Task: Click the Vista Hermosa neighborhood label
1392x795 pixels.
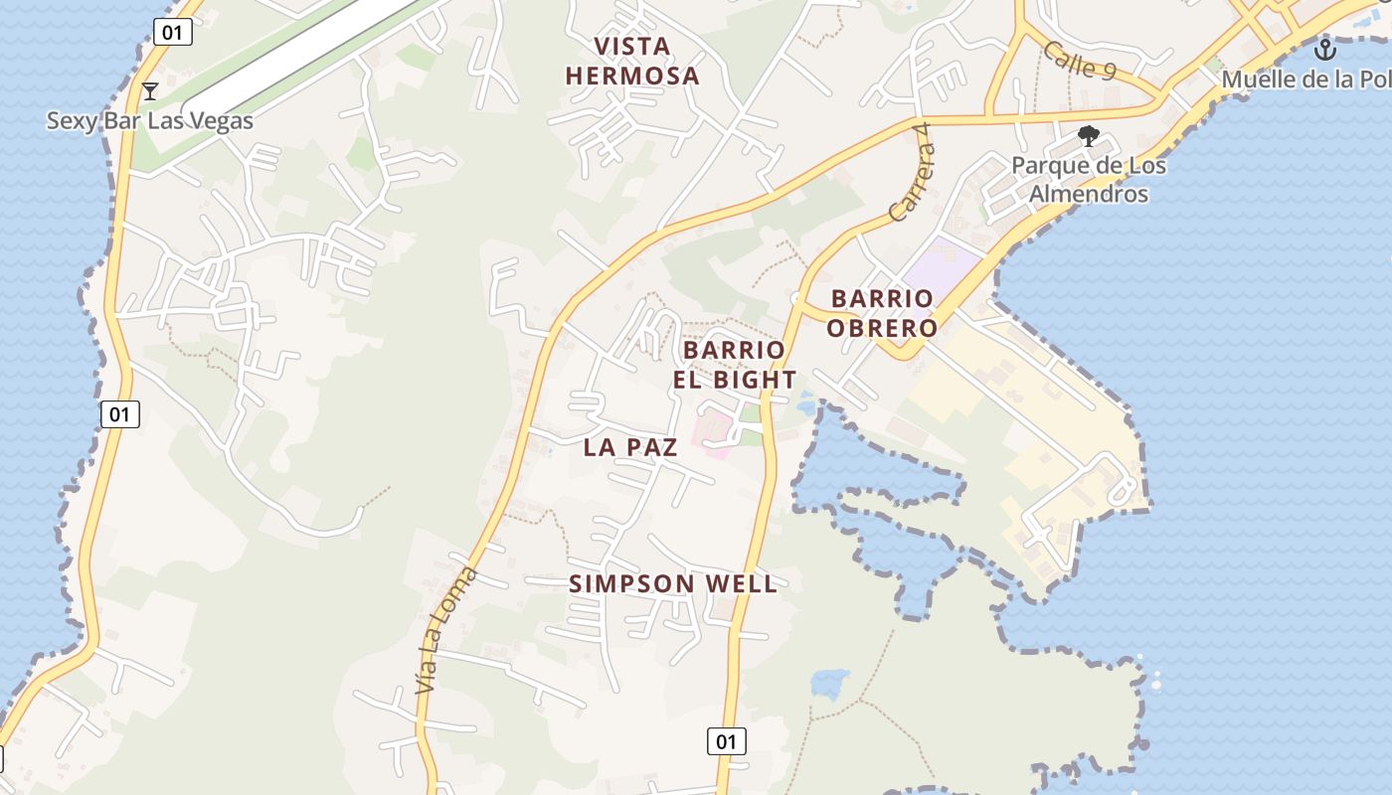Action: click(632, 61)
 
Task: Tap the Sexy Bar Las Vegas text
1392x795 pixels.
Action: click(150, 121)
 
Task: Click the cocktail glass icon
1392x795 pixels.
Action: click(150, 91)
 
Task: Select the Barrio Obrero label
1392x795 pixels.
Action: click(883, 313)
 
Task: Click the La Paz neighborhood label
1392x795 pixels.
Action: click(630, 447)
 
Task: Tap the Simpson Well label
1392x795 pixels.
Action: click(673, 584)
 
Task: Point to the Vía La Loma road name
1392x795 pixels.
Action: click(445, 630)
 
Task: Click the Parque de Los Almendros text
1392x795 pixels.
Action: click(1089, 179)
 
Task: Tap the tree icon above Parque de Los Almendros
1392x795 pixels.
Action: click(1090, 136)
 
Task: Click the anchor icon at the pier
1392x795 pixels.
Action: click(1325, 50)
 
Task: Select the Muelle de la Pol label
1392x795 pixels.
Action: click(1305, 79)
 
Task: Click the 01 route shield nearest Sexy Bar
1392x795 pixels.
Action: click(172, 32)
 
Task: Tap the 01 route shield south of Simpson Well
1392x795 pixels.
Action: click(727, 741)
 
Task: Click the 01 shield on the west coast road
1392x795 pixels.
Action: click(119, 414)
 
